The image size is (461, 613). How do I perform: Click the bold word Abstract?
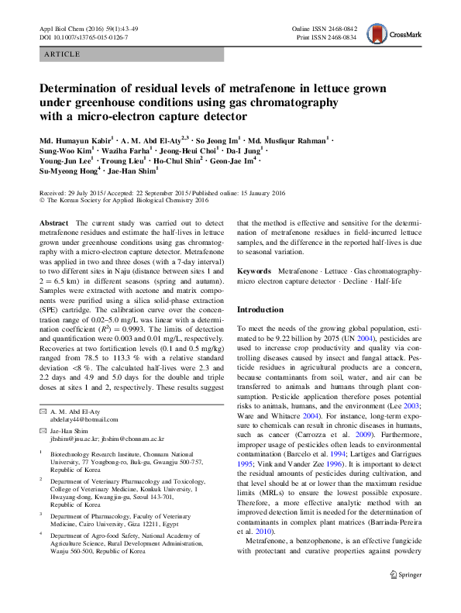55,222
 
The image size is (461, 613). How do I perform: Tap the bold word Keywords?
254,272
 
